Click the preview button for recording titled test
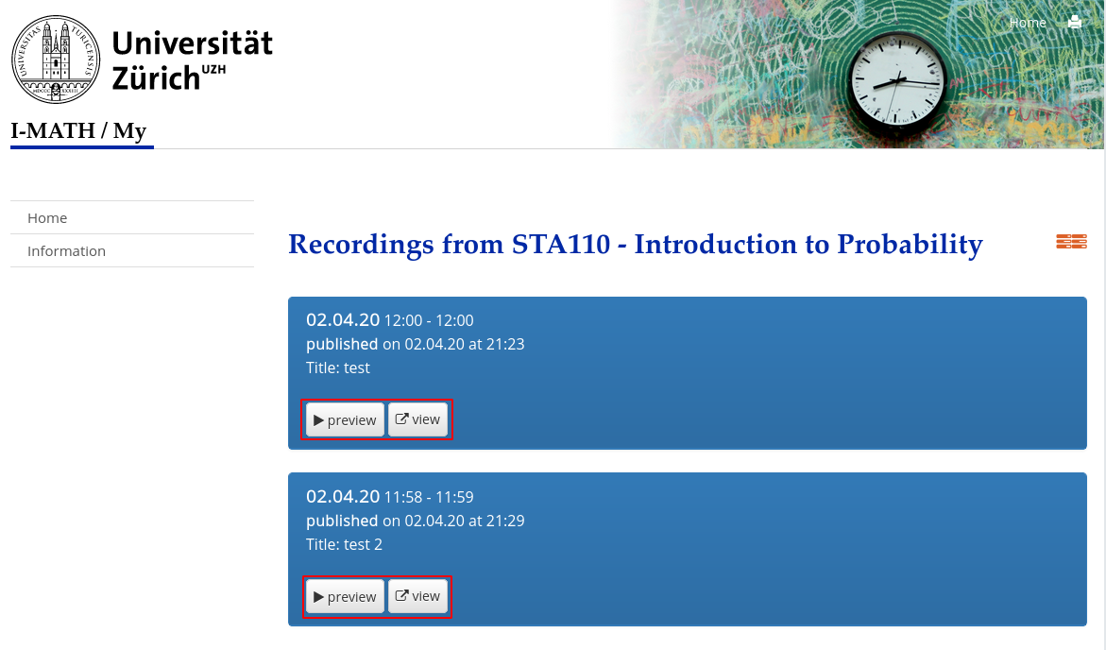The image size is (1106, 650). click(345, 419)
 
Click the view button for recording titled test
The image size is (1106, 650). click(417, 419)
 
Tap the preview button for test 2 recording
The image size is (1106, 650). click(345, 596)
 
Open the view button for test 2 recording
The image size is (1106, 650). click(417, 595)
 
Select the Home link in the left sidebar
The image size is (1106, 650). click(47, 218)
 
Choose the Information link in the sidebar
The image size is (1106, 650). click(66, 251)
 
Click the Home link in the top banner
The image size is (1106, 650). click(1028, 23)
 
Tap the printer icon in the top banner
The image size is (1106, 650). click(1074, 22)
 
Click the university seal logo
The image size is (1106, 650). click(56, 60)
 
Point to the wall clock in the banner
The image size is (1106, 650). click(897, 82)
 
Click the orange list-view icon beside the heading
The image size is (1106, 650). click(1071, 241)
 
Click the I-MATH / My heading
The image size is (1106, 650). click(78, 130)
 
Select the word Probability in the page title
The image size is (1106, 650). click(910, 245)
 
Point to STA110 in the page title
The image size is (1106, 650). click(561, 244)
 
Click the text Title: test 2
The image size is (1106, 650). click(344, 544)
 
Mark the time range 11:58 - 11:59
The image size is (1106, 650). click(429, 497)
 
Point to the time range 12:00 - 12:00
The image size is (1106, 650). click(429, 320)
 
